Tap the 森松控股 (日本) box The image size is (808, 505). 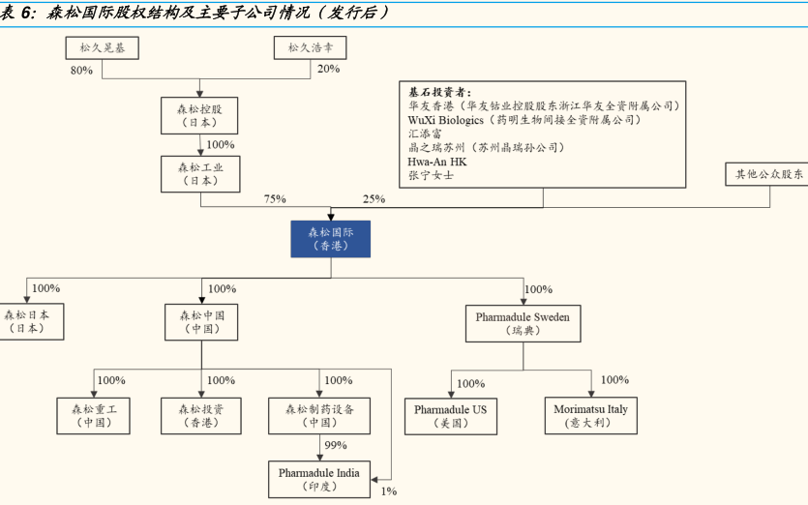click(x=201, y=115)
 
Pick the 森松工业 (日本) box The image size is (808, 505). click(x=201, y=174)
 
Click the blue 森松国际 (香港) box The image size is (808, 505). click(x=330, y=238)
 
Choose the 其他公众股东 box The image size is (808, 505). click(x=765, y=174)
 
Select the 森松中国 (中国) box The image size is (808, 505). click(x=201, y=321)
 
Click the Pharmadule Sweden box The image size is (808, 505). click(x=523, y=322)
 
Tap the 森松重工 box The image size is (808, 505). click(x=94, y=416)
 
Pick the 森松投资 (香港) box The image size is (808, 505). click(x=201, y=416)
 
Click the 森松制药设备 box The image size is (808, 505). click(x=319, y=416)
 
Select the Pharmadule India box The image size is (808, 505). click(x=319, y=479)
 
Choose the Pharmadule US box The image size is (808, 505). click(x=451, y=416)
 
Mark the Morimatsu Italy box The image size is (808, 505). click(x=590, y=416)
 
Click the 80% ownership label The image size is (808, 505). click(x=81, y=71)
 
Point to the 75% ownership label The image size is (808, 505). click(x=275, y=199)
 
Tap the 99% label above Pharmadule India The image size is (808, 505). click(x=336, y=445)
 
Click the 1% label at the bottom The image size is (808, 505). click(x=389, y=491)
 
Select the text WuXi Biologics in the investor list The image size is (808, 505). click(x=446, y=120)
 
